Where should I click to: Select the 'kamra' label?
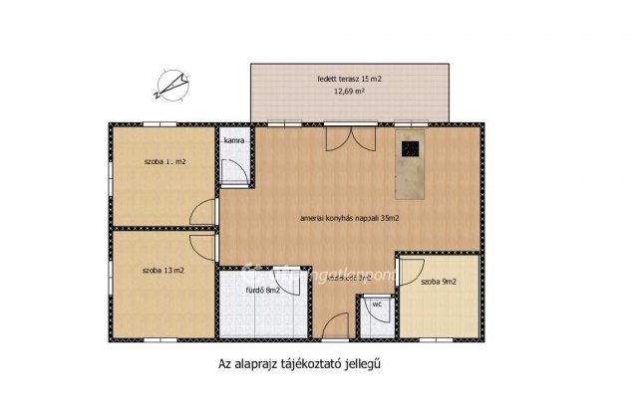click(x=234, y=140)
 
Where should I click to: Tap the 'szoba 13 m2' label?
click(x=162, y=270)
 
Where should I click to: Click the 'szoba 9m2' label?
click(x=439, y=282)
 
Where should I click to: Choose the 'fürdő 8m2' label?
click(x=262, y=291)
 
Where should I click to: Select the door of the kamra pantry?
click(x=235, y=171)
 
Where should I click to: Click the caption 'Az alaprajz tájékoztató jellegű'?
click(x=299, y=365)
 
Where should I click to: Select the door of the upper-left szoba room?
click(x=204, y=214)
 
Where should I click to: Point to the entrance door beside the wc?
click(x=336, y=324)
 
